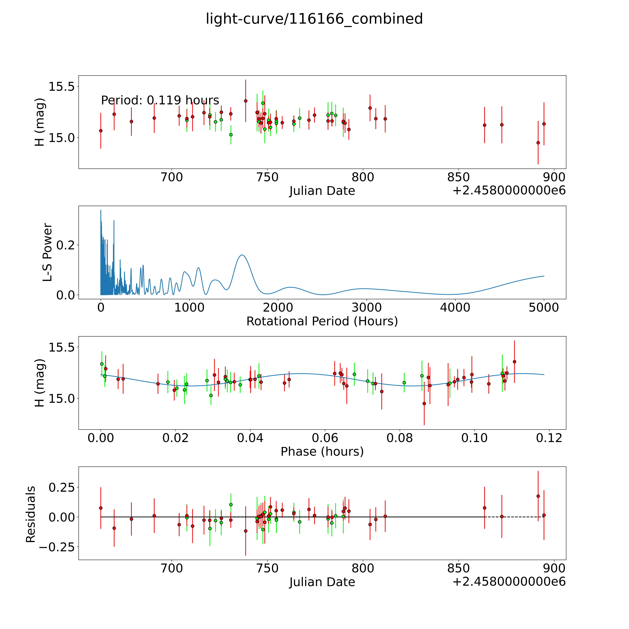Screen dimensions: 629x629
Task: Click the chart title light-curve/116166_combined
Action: coord(314,19)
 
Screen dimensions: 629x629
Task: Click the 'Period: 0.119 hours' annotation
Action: coord(160,100)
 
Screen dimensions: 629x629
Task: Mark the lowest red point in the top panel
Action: coord(538,143)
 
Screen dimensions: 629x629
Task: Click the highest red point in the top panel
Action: coord(245,101)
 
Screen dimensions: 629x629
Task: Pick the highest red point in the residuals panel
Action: coord(538,496)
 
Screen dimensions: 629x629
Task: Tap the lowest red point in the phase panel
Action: coord(424,403)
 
